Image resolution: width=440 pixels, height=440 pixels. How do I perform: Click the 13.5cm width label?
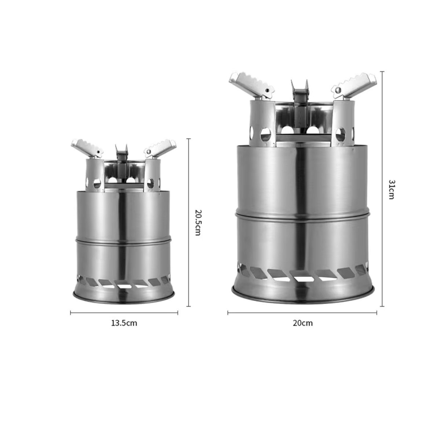[x=124, y=323]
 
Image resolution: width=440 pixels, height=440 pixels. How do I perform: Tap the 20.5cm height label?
[x=198, y=223]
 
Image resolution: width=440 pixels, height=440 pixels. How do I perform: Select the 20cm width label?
[x=303, y=323]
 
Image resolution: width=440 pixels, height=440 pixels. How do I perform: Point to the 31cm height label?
[x=392, y=190]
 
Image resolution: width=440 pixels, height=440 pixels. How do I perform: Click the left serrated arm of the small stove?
[x=87, y=148]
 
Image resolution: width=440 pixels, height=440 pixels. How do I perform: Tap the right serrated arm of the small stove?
[x=160, y=148]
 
